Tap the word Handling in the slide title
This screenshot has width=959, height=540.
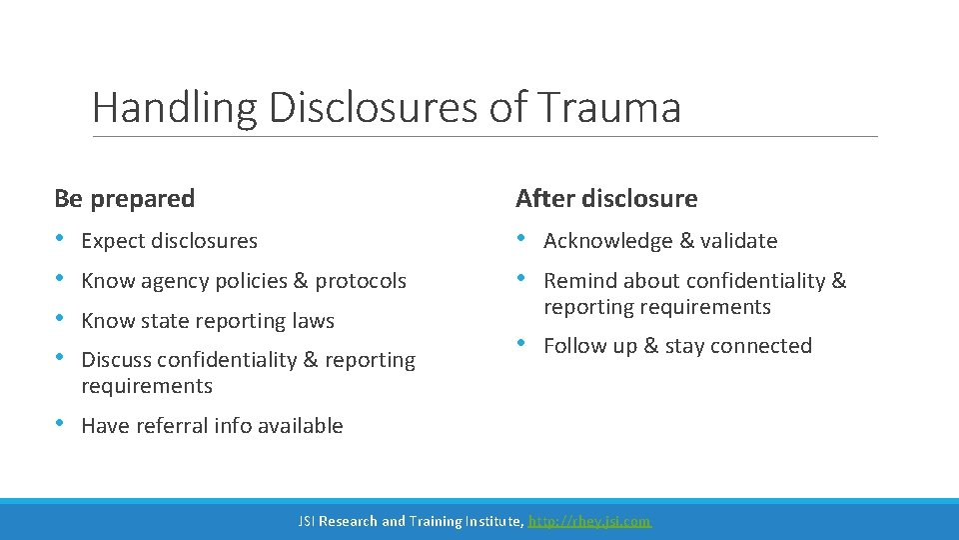point(173,108)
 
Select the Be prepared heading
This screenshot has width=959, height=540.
point(125,198)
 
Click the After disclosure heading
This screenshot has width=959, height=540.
point(606,198)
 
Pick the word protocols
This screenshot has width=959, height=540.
point(361,281)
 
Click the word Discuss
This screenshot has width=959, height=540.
point(117,360)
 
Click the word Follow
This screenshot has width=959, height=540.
point(574,346)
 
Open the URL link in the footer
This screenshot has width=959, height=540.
point(589,521)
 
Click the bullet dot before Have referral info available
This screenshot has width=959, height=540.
point(59,424)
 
